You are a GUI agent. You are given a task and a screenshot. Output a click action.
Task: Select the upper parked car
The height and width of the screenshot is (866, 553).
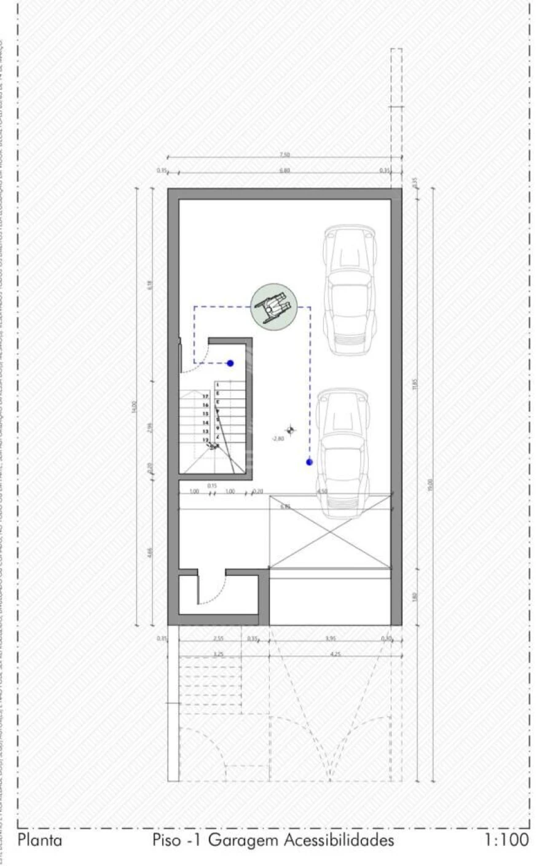coord(348,290)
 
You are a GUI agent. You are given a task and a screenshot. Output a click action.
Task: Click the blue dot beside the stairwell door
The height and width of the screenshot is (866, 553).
coord(230,363)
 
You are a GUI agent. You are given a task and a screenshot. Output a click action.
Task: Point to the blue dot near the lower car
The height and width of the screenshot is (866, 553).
coord(309,462)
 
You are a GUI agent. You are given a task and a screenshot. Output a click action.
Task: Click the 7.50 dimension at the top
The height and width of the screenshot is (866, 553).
coord(284,154)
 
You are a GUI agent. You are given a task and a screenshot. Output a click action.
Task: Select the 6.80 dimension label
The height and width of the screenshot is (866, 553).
coord(284,170)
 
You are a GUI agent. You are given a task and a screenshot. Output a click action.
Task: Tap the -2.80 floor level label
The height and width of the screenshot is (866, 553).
coord(277,439)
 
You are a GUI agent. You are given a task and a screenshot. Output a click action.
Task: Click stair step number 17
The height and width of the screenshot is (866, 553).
coord(205,397)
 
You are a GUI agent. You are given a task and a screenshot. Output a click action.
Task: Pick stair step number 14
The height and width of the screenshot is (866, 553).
coord(205,423)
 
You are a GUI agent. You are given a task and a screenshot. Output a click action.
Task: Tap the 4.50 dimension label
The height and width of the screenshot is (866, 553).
coord(323,492)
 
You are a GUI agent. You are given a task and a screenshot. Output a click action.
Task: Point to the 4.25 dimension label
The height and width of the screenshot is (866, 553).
coord(335,655)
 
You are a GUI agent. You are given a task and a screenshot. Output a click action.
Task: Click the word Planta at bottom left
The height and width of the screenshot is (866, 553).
coord(40,840)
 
